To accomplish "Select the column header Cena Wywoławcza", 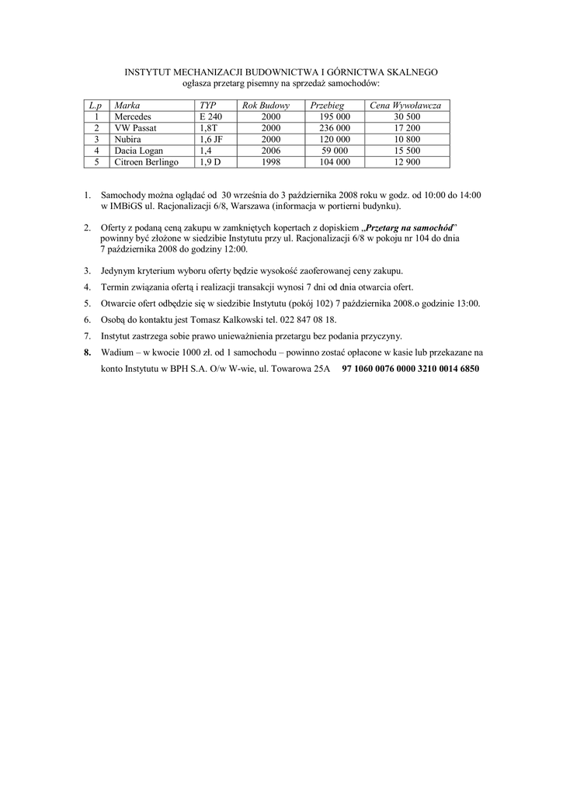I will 405,104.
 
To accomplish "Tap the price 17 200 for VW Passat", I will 406,127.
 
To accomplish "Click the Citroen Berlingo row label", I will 147,162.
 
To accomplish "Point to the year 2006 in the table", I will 271,151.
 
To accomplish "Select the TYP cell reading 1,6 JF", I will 211,139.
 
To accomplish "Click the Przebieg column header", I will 327,104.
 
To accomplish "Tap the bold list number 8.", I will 88,352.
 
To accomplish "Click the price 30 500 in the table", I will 406,116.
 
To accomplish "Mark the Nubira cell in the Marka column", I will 128,139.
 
